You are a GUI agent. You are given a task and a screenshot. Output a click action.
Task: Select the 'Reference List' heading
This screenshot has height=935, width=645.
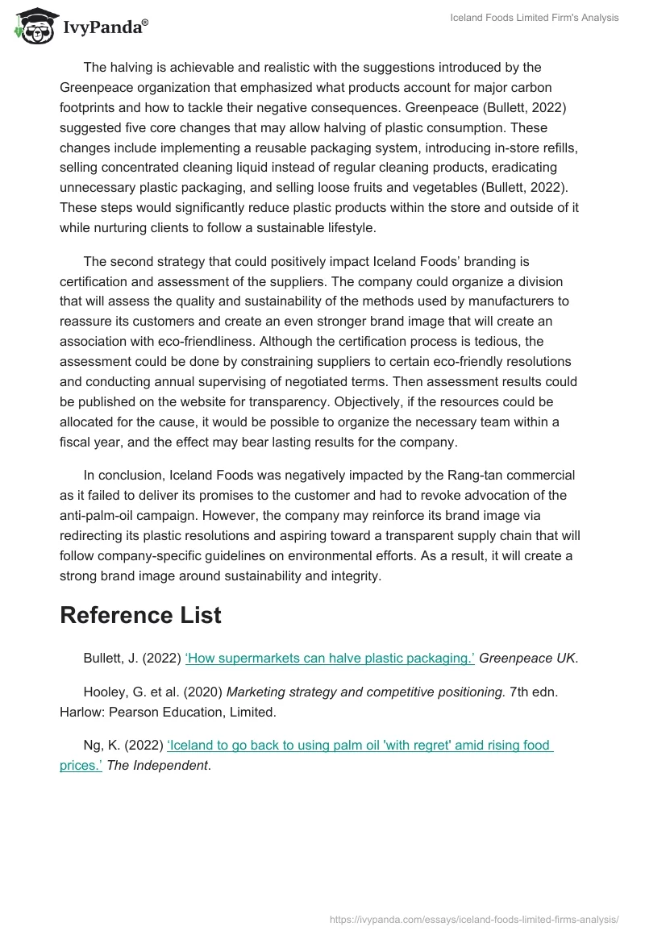(140, 615)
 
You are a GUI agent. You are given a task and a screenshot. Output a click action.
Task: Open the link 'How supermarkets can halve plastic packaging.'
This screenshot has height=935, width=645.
(330, 658)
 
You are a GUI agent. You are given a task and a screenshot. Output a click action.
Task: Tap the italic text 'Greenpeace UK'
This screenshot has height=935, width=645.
(528, 658)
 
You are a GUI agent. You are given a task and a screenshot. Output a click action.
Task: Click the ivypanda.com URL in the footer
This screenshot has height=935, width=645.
(474, 919)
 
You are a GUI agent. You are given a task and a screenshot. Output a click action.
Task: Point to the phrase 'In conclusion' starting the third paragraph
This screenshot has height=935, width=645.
(123, 475)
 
